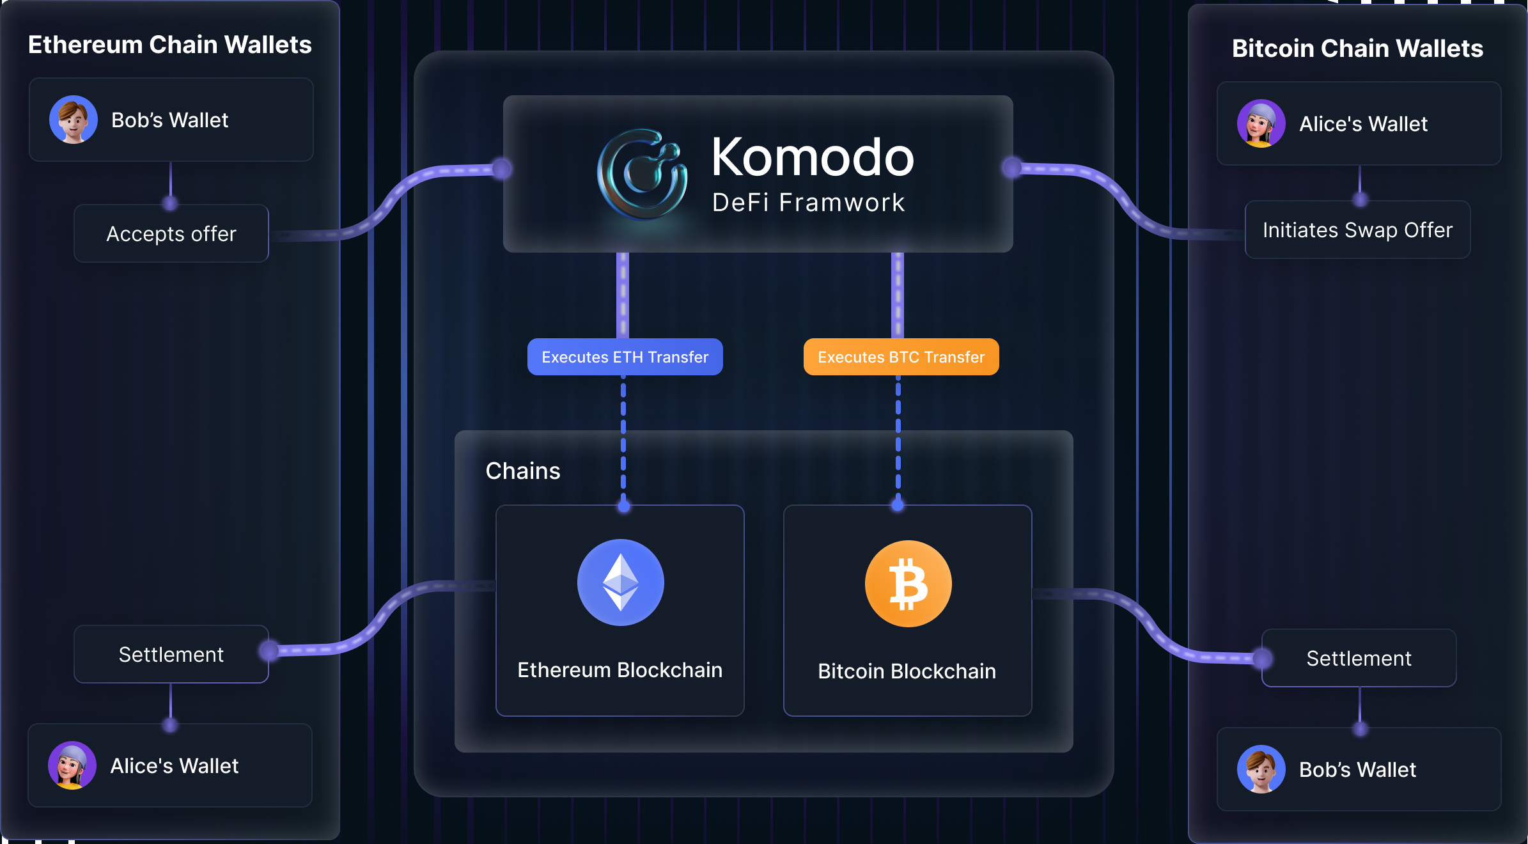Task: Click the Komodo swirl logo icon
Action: point(642,174)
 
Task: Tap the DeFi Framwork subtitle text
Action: point(809,203)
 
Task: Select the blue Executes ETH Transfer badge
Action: point(625,357)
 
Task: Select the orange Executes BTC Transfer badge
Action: point(901,357)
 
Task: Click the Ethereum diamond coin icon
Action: point(620,582)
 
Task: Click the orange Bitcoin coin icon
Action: point(908,584)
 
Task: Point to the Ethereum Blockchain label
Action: point(620,670)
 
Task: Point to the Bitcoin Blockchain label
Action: point(907,671)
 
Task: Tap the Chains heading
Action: point(522,471)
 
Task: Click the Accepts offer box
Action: point(171,233)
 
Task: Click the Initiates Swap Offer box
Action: point(1357,230)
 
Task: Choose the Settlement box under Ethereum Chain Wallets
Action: point(171,654)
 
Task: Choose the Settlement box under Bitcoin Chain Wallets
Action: point(1359,658)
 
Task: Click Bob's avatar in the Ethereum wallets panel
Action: point(74,120)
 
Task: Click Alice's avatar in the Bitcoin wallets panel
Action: point(1261,123)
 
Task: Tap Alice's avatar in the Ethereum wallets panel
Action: point(72,765)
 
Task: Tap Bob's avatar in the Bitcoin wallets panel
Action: point(1261,769)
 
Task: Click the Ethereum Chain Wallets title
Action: point(170,45)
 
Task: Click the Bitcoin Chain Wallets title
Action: point(1357,49)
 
